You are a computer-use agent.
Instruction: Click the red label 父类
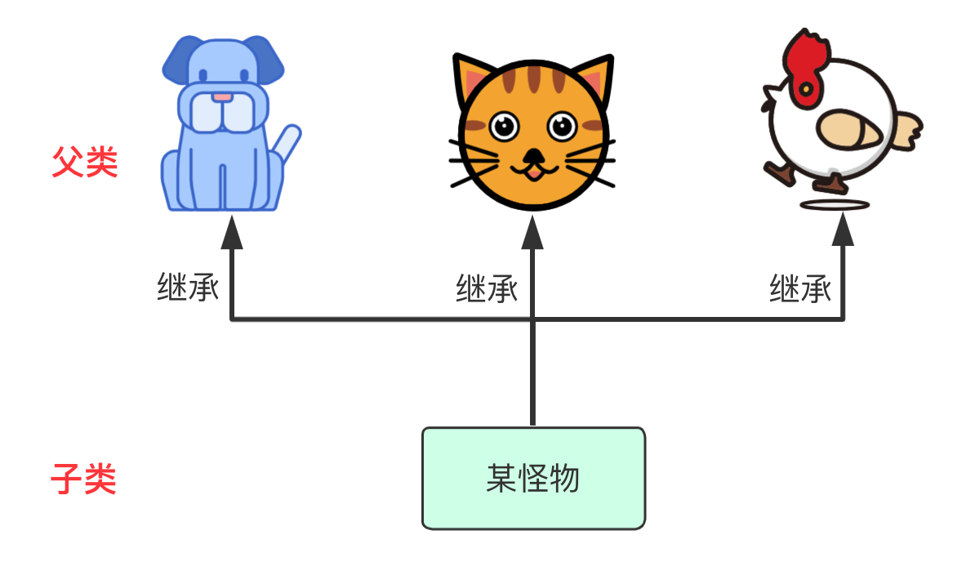pos(85,163)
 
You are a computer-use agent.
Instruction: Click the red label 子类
pos(83,479)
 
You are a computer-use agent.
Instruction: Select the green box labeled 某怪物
pos(533,478)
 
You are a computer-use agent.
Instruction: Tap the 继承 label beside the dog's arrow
pos(188,288)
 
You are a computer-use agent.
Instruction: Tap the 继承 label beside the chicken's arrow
pos(799,288)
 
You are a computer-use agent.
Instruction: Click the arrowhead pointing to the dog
pos(233,233)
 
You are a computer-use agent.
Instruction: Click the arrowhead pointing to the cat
pos(532,233)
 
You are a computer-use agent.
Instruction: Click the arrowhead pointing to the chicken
pos(843,233)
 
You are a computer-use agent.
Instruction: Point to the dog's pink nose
pos(222,97)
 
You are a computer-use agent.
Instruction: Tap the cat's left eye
pos(504,126)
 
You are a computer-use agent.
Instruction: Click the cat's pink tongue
pos(532,172)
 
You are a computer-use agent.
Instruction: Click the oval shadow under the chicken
pos(835,204)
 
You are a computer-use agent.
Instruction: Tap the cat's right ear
pos(594,78)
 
